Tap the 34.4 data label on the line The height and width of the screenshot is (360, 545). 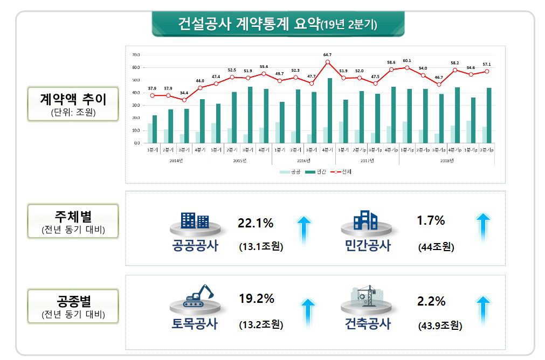tap(184, 93)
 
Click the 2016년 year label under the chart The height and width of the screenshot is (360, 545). tap(303, 161)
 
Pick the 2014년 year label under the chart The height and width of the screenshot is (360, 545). tap(176, 161)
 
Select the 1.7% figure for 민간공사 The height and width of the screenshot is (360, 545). tap(431, 220)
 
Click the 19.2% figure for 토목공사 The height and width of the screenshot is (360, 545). tap(257, 299)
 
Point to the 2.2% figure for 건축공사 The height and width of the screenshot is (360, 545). tap(431, 301)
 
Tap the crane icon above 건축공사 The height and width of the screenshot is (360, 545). tap(368, 295)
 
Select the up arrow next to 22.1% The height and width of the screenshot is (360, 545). tap(304, 229)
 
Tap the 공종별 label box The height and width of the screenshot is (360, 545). tap(73, 306)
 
